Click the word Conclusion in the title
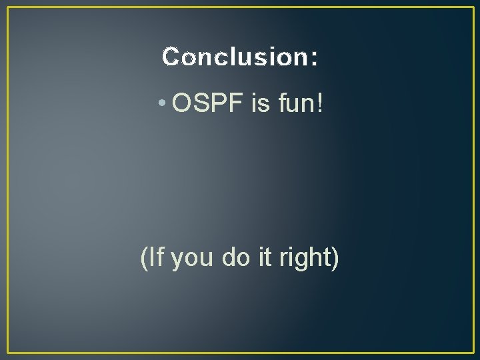pyautogui.click(x=233, y=57)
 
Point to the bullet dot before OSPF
pyautogui.click(x=162, y=105)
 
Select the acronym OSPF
pyautogui.click(x=208, y=103)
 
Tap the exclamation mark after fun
pyautogui.click(x=321, y=103)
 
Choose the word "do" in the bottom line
pyautogui.click(x=235, y=257)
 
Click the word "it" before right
pyautogui.click(x=265, y=257)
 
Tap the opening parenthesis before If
pyautogui.click(x=145, y=257)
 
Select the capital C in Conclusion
pyautogui.click(x=171, y=57)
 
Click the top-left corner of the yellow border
pyautogui.click(x=7, y=7)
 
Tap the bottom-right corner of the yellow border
pyautogui.click(x=473, y=353)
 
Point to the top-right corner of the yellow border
pyautogui.click(x=473, y=7)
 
